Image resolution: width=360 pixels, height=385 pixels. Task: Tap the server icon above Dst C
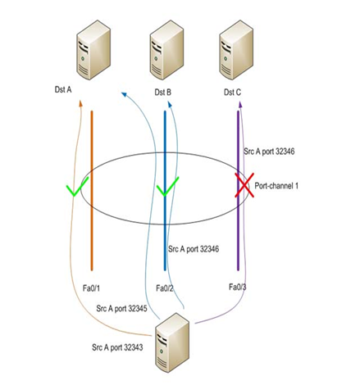pos(236,52)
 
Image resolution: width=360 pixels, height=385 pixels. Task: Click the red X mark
pos(244,185)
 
